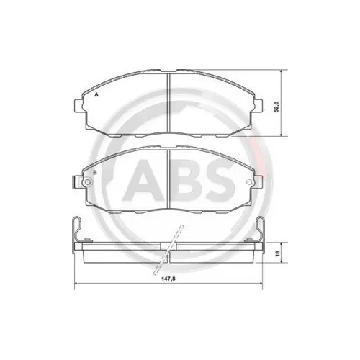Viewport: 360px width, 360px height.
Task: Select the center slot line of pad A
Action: (x=168, y=103)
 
